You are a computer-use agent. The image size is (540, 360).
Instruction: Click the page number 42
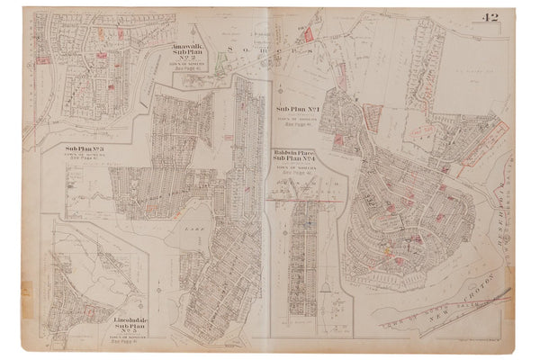516,17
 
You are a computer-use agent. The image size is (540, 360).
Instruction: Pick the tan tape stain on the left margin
24,292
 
